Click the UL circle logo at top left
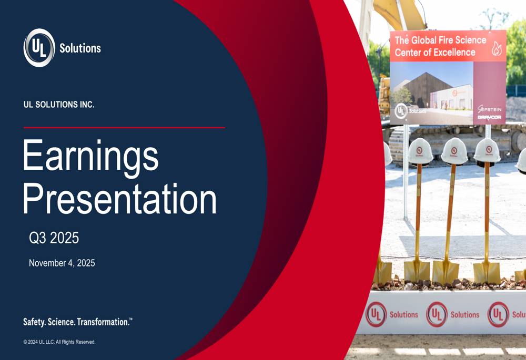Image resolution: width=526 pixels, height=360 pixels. coord(39,48)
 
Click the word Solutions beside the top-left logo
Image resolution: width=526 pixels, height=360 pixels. coord(80,48)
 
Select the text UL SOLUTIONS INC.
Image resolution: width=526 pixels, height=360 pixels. coord(59,105)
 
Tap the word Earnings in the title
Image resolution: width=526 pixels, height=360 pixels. coord(90,155)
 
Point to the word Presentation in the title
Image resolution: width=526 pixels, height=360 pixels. coord(119,199)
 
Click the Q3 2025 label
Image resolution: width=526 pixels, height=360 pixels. coord(54,238)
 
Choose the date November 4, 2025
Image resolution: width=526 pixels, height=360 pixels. coord(62,263)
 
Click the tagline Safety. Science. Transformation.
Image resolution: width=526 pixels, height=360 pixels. coord(77,322)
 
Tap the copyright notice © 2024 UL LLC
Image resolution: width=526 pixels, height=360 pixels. coord(59,342)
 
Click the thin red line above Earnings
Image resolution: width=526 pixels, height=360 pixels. coord(124,128)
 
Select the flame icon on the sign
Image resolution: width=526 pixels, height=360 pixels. coord(496,48)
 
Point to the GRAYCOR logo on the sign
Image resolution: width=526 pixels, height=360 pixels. coord(489,118)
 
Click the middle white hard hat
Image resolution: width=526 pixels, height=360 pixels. coord(454,151)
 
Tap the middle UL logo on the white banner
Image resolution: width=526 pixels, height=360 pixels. coord(437,314)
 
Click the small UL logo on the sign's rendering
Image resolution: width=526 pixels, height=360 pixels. coord(401,110)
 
